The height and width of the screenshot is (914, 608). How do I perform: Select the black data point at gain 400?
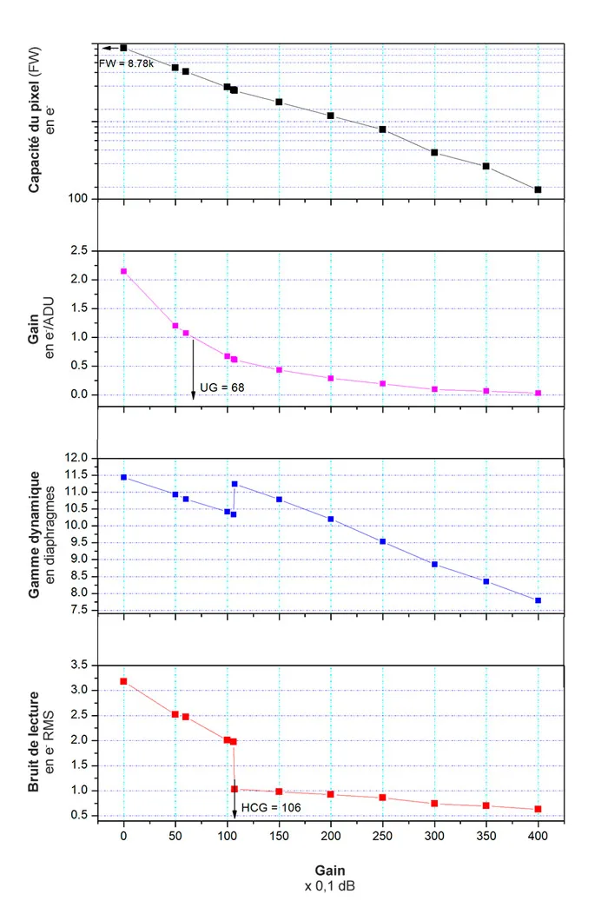tap(539, 189)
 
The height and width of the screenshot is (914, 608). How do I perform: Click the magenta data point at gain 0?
tap(123, 271)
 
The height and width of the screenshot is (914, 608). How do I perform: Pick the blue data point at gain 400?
tap(539, 600)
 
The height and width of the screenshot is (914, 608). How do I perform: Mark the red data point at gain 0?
tap(123, 681)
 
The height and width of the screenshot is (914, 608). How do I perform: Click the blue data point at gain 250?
tap(383, 541)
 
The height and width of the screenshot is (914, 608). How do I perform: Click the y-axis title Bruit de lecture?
tap(34, 739)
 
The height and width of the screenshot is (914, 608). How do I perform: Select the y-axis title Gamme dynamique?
tap(34, 535)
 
